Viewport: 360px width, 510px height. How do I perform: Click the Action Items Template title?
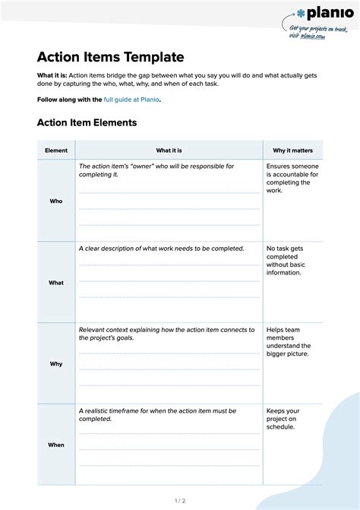(x=111, y=57)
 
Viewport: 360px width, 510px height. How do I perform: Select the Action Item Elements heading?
(x=87, y=122)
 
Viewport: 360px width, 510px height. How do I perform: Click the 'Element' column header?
(x=56, y=150)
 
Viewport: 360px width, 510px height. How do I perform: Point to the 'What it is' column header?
(x=169, y=150)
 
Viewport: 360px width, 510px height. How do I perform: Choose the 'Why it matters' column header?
(x=293, y=150)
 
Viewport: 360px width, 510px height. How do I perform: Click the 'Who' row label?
(x=56, y=201)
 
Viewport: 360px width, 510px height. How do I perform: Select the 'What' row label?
(x=56, y=283)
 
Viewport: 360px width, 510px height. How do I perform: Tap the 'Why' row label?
(x=56, y=364)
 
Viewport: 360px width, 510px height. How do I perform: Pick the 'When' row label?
(x=56, y=445)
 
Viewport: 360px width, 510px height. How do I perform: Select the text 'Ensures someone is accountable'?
(x=292, y=178)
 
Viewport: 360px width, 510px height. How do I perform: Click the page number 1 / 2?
(x=180, y=500)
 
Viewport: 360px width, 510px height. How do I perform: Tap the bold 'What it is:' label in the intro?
(x=52, y=75)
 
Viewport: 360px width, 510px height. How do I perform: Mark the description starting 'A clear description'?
(x=161, y=249)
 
